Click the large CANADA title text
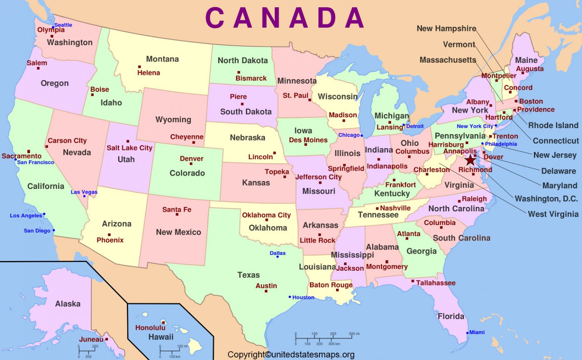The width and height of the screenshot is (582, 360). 285,18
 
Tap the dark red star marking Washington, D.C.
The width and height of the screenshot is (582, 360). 470,160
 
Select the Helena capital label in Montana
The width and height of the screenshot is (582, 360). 149,73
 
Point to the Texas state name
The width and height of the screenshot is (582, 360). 249,275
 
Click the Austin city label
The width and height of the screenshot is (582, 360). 266,286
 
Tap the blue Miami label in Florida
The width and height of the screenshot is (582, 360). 477,332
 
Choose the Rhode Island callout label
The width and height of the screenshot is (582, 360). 553,125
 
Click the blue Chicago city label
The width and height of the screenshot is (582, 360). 349,135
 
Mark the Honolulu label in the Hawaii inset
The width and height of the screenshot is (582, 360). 150,327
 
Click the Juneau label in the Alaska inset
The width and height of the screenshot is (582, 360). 91,339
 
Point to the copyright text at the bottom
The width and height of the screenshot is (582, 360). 291,355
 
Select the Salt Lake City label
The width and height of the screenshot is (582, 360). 130,148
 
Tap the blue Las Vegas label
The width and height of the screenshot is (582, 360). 84,192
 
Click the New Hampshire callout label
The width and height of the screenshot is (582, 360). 446,28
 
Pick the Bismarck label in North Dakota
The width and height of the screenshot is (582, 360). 251,78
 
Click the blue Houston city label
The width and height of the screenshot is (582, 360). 303,297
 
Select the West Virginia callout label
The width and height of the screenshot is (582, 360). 553,214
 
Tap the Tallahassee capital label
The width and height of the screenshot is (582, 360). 436,283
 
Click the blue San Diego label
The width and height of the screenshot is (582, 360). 37,230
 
